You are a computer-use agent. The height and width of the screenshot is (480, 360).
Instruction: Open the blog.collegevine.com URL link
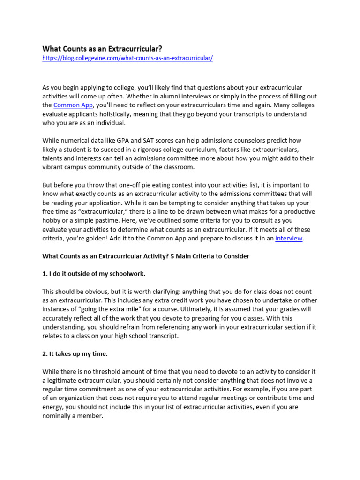click(x=127, y=58)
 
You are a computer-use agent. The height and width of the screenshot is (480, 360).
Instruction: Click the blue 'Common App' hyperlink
click(x=73, y=105)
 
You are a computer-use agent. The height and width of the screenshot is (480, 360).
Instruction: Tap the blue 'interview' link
click(x=289, y=238)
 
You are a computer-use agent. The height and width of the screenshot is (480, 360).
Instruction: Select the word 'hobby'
click(x=52, y=220)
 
